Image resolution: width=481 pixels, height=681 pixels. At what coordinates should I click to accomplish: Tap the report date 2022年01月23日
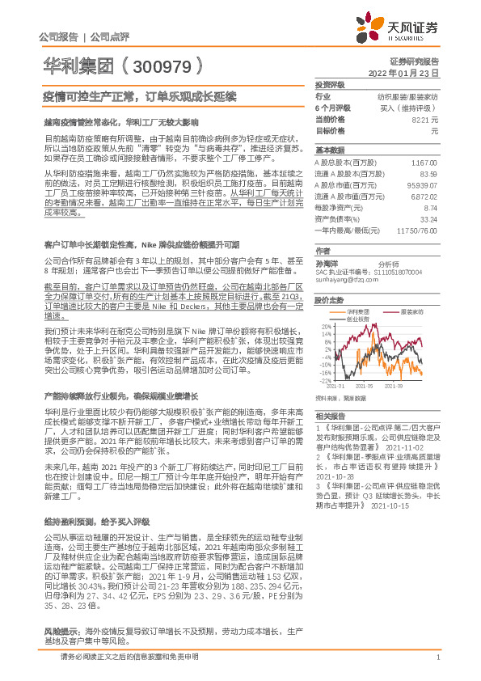414,72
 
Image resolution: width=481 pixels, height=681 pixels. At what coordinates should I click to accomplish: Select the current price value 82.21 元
425,119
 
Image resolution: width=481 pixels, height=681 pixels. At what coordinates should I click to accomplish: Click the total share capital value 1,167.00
424,163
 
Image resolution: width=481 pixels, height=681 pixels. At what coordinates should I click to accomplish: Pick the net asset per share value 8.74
431,207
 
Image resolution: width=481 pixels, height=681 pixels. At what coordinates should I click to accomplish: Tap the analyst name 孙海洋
326,263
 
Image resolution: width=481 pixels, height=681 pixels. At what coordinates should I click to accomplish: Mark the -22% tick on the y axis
325,380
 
